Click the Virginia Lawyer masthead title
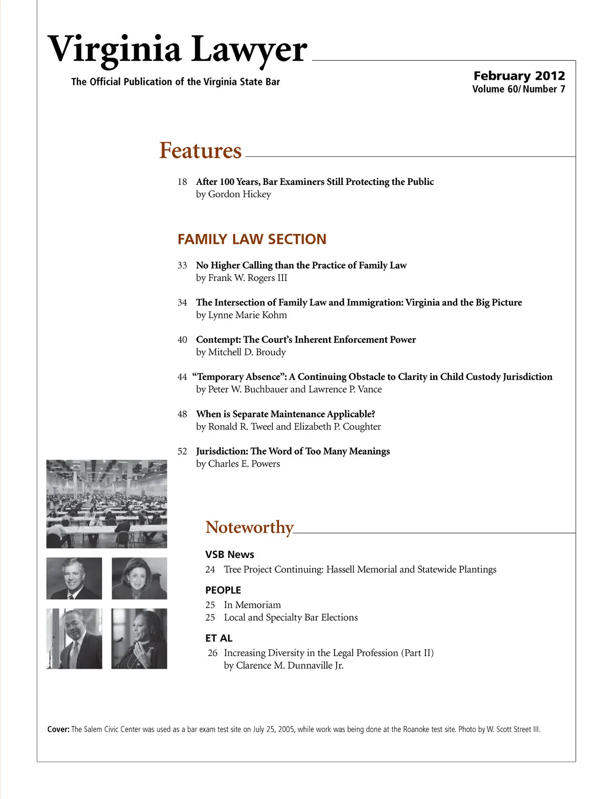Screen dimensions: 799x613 [177, 50]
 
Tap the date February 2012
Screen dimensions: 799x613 [519, 76]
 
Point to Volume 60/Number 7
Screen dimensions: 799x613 [518, 89]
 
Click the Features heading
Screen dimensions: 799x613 [200, 151]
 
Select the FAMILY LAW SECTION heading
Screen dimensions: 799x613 [252, 239]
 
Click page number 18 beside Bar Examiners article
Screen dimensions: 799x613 [182, 182]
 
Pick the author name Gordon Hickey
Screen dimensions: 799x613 [239, 194]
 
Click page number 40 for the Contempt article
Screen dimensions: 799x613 [182, 340]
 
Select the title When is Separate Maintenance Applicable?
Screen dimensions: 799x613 [286, 414]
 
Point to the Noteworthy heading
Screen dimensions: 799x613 [249, 527]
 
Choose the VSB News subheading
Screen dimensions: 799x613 [229, 554]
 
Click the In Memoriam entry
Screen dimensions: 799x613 [252, 605]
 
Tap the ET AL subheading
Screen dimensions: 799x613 [219, 638]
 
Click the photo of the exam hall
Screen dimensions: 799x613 [107, 504]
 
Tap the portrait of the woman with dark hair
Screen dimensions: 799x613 [139, 578]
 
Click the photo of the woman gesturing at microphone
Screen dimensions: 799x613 [139, 639]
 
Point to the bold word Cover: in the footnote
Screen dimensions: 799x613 [58, 730]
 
